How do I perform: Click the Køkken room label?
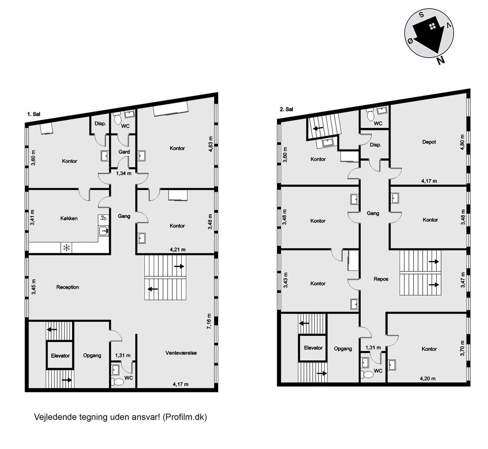pos(69,218)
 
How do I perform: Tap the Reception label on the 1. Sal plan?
pos(68,287)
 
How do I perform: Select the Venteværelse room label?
pos(181,353)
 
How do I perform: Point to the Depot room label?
pos(429,142)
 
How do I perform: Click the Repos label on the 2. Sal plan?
pos(381,279)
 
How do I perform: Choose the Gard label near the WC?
pos(124,152)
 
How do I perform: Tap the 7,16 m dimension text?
pos(209,321)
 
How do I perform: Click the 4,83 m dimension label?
pos(211,144)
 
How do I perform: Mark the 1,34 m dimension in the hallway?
pos(124,174)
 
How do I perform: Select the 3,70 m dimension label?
pos(462,348)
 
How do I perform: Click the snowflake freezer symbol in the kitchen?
pos(67,248)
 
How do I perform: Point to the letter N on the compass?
pos(441,60)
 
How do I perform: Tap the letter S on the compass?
pos(421,15)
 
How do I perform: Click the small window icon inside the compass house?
pos(433,26)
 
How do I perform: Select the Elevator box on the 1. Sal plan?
pos(60,356)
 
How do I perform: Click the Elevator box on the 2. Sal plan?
pos(313,348)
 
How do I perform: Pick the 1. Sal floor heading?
pos(34,114)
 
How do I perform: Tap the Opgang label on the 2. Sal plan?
pos(343,349)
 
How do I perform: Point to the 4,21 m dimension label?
pos(177,250)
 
